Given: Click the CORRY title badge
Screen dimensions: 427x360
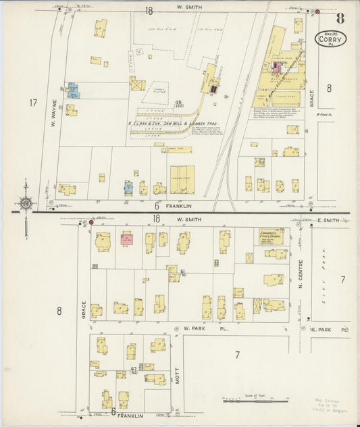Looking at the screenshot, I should pos(331,39).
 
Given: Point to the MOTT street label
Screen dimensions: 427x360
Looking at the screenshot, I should pos(177,374).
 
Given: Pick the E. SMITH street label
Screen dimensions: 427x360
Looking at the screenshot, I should pos(328,221).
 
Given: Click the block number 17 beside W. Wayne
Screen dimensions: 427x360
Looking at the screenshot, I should pos(32,103).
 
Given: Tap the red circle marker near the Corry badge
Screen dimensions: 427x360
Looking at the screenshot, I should pos(317,12).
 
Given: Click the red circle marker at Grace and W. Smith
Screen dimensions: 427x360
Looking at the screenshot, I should pos(91,222).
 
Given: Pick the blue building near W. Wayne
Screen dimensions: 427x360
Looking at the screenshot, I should pos(73,89).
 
